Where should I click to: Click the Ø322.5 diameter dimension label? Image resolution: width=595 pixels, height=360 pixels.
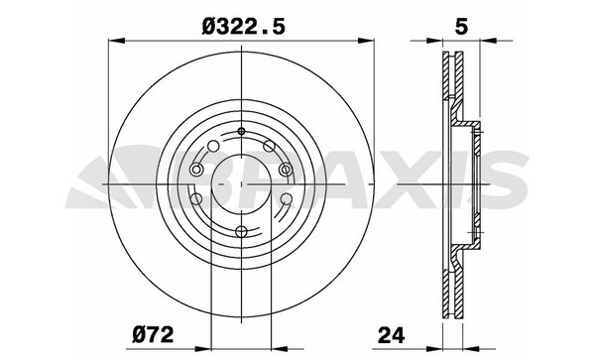243,28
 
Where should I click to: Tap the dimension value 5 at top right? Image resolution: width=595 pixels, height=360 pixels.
461,28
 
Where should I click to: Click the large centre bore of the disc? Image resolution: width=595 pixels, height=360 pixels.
241,184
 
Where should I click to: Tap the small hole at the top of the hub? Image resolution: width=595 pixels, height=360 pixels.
241,131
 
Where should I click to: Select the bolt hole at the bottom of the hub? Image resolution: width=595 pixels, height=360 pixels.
241,231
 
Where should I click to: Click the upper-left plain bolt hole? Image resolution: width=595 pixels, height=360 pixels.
213,146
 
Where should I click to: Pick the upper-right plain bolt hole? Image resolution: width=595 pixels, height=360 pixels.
269,146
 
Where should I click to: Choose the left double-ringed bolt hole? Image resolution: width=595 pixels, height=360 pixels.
195,170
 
